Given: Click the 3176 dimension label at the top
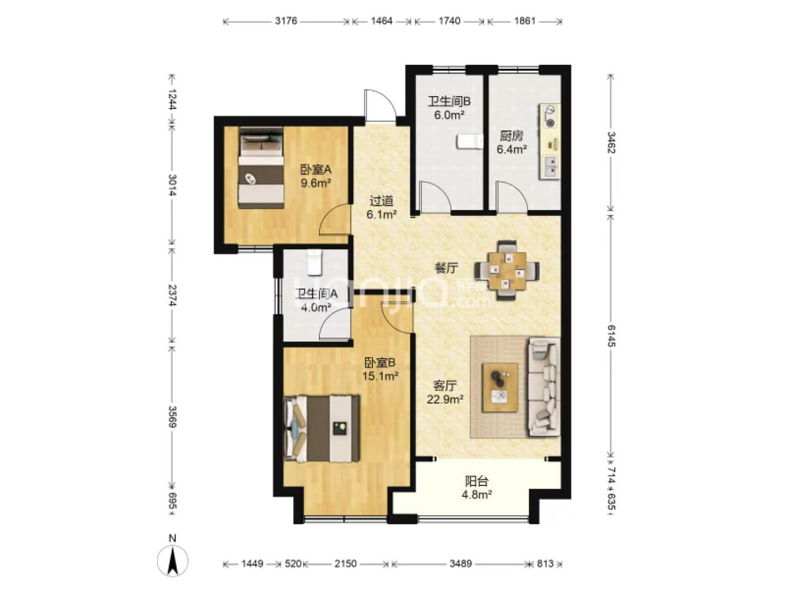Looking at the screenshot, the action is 286,21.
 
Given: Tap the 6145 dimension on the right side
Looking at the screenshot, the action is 611,335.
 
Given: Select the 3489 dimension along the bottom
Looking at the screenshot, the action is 461,563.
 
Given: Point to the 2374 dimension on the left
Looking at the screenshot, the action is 173,295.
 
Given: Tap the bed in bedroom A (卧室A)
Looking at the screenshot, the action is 262,168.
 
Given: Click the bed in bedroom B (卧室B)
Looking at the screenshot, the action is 321,428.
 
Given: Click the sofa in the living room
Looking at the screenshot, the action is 544,387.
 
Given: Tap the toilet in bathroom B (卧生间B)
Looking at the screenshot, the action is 469,142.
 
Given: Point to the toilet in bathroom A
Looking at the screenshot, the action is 315,263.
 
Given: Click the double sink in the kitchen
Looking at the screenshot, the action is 551,167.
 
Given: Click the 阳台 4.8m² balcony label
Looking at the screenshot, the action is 476,488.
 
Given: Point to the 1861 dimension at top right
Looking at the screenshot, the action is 524,21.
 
